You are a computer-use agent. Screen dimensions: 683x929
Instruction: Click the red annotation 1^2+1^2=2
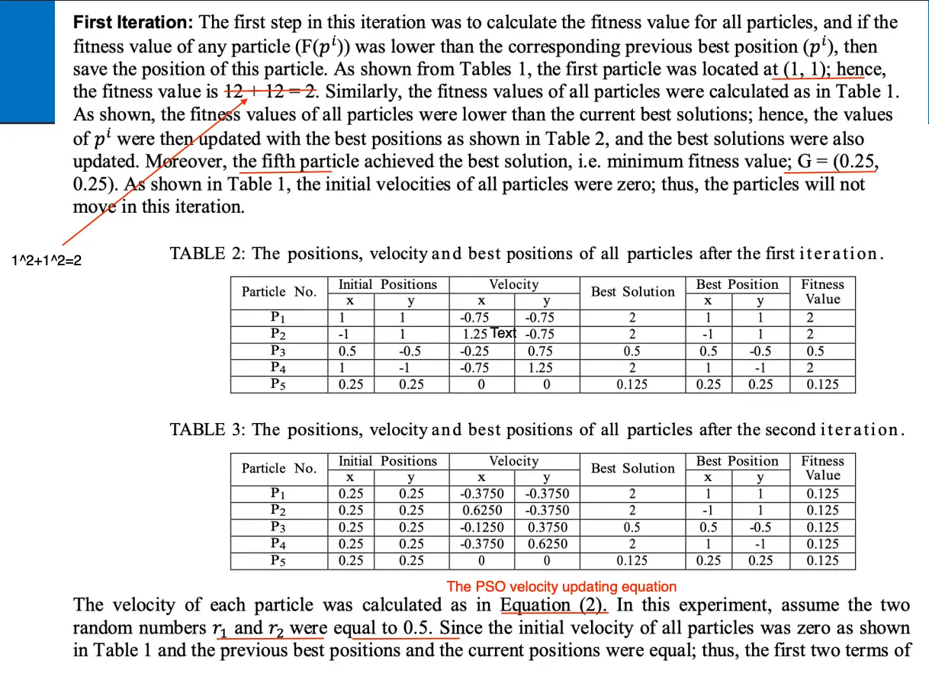pyautogui.click(x=47, y=261)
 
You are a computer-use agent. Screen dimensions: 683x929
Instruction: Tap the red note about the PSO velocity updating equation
pyautogui.click(x=561, y=586)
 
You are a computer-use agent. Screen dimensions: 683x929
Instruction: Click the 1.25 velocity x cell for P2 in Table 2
pyautogui.click(x=475, y=334)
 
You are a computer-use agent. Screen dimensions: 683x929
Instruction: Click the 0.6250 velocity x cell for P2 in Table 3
pyautogui.click(x=481, y=511)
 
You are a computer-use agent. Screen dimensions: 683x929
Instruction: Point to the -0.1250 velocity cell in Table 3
pyautogui.click(x=481, y=527)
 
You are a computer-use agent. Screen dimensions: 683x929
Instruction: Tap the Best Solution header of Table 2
pyautogui.click(x=632, y=292)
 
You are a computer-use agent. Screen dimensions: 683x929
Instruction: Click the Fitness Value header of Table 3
pyautogui.click(x=822, y=468)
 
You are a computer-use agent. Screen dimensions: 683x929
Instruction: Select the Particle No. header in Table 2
pyautogui.click(x=278, y=292)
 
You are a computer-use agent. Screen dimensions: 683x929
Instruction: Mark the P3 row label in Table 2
pyautogui.click(x=278, y=351)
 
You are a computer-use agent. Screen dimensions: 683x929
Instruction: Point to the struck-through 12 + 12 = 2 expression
pyautogui.click(x=271, y=91)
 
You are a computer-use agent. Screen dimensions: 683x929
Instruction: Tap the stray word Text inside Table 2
pyautogui.click(x=503, y=333)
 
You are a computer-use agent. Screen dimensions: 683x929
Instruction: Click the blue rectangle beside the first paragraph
pyautogui.click(x=27, y=61)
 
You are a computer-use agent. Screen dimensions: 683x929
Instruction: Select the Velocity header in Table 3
pyautogui.click(x=513, y=461)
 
